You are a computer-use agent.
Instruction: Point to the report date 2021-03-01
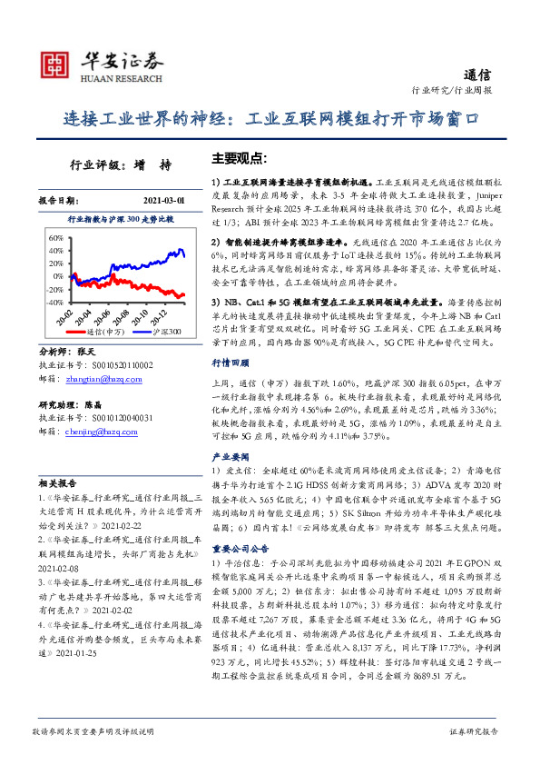pos(163,199)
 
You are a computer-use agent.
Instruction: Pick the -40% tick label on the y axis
pos(53,302)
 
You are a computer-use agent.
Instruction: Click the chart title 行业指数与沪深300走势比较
pos(121,220)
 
